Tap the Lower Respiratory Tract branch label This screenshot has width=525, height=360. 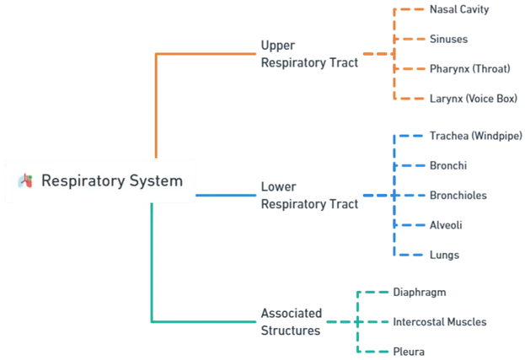coord(308,196)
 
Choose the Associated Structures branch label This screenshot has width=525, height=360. coord(289,321)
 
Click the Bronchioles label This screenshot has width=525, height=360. coord(460,196)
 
